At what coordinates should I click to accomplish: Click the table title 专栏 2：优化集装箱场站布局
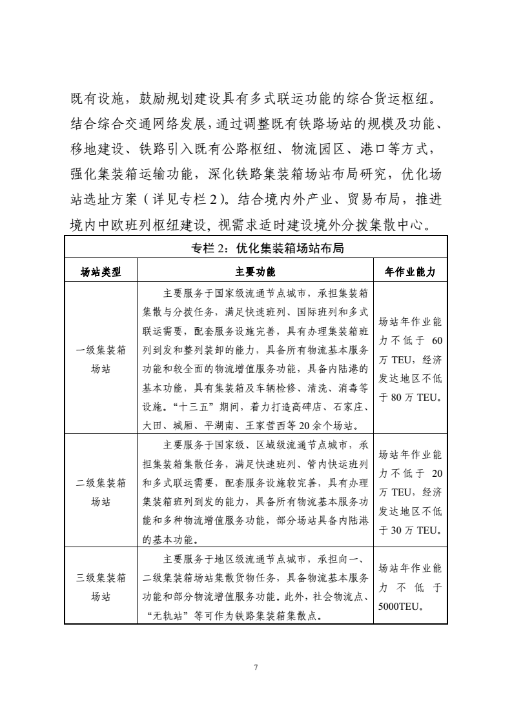click(x=256, y=245)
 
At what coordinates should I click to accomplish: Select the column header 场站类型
click(x=100, y=272)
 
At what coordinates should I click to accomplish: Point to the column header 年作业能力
click(x=410, y=272)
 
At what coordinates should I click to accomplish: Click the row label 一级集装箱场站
click(x=100, y=359)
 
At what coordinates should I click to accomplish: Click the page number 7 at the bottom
click(x=256, y=667)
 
